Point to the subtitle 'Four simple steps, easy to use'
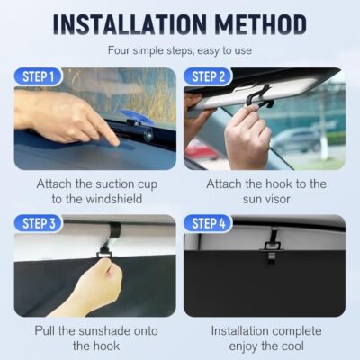[179, 51]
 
